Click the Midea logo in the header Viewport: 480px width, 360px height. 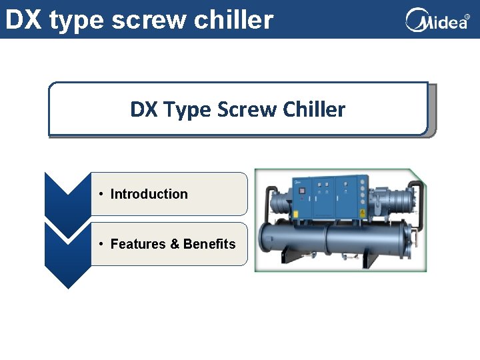437,20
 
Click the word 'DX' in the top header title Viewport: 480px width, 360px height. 23,20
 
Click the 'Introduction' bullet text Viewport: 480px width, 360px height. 149,194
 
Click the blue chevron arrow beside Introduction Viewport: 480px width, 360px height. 67,193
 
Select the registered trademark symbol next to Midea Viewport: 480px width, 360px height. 467,17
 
